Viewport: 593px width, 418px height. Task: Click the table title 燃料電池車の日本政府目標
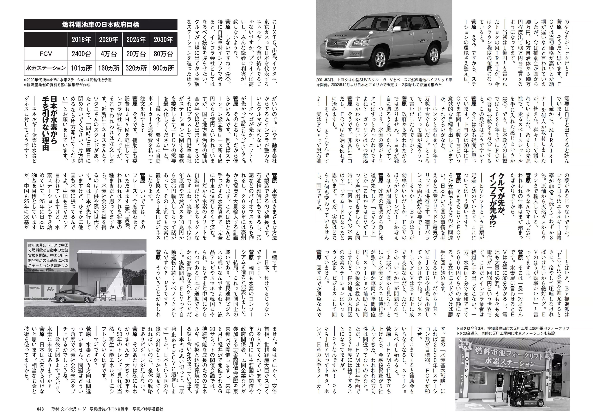pyautogui.click(x=100, y=25)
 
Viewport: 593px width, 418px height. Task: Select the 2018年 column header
pyautogui.click(x=81, y=39)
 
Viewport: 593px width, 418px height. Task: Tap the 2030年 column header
pyautogui.click(x=163, y=39)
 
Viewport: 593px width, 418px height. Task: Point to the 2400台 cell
pyautogui.click(x=81, y=54)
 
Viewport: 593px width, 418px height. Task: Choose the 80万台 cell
pyautogui.click(x=163, y=54)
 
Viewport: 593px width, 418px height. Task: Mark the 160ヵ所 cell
pyautogui.click(x=109, y=68)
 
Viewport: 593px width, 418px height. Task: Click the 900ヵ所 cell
pyautogui.click(x=163, y=68)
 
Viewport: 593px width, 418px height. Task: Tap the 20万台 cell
pyautogui.click(x=136, y=54)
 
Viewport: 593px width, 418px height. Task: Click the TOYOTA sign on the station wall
pyautogui.click(x=34, y=288)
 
